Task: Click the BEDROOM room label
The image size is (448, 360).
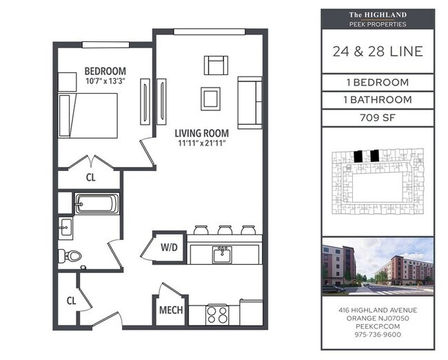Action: pyautogui.click(x=105, y=71)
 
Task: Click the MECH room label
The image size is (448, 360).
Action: pyautogui.click(x=171, y=310)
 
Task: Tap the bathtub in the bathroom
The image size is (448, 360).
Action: pyautogui.click(x=96, y=203)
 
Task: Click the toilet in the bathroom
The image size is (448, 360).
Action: pyautogui.click(x=72, y=255)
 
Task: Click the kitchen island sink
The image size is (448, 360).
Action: pyautogui.click(x=221, y=254)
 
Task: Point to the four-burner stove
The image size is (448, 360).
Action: pyautogui.click(x=218, y=314)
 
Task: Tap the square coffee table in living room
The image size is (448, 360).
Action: pyautogui.click(x=210, y=98)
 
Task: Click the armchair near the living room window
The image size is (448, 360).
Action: pyautogui.click(x=216, y=66)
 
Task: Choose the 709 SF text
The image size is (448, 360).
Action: pyautogui.click(x=378, y=117)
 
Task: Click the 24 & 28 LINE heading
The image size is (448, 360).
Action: pyautogui.click(x=378, y=52)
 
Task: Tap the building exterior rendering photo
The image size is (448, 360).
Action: pyautogui.click(x=378, y=266)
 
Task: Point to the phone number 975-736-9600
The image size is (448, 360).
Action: pyautogui.click(x=378, y=334)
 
